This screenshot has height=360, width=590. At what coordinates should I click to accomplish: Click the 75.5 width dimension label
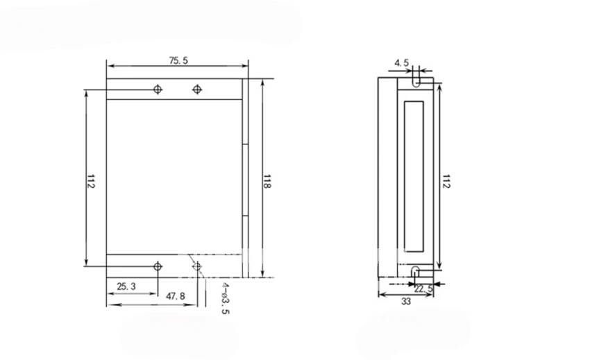[178, 60]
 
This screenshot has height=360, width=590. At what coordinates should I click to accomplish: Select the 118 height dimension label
[267, 182]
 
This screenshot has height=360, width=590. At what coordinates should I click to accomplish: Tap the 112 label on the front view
[91, 181]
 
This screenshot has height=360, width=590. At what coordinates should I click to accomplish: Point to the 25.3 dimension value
[126, 286]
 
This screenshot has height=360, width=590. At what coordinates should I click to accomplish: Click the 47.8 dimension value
[176, 296]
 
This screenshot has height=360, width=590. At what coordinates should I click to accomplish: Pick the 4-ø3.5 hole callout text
[225, 298]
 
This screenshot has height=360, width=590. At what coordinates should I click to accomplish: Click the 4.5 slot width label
[401, 63]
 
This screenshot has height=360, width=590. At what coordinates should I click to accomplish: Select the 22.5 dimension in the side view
[423, 289]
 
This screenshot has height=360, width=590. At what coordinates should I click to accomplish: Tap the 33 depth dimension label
[406, 302]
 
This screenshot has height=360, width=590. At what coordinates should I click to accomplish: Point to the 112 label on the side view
[446, 181]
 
